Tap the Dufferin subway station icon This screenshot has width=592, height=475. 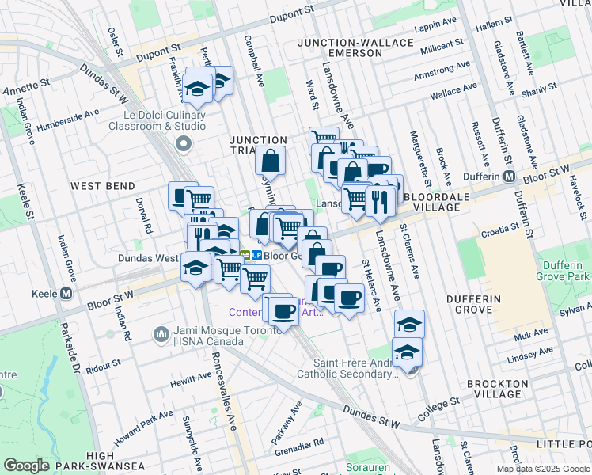[510, 176]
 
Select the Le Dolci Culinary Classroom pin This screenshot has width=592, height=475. [184, 144]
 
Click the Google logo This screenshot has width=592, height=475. [27, 465]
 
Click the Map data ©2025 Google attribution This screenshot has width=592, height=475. [542, 469]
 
